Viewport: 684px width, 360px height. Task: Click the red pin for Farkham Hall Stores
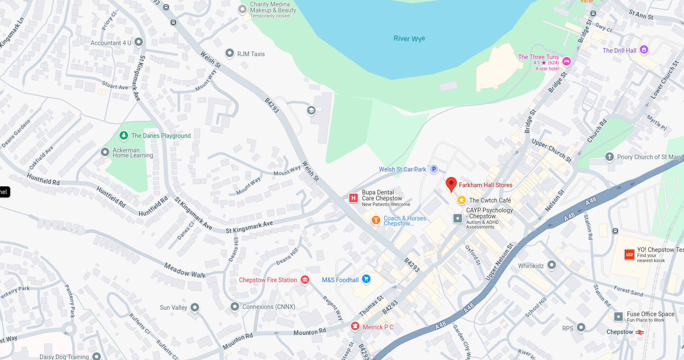pyautogui.click(x=451, y=184)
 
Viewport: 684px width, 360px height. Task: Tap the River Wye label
pyautogui.click(x=409, y=39)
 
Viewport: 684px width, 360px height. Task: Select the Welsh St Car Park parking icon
pyautogui.click(x=434, y=169)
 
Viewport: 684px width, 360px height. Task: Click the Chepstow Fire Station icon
pyautogui.click(x=305, y=280)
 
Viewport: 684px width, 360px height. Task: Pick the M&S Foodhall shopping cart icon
pyautogui.click(x=366, y=279)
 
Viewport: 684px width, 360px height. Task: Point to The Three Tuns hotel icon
pyautogui.click(x=567, y=62)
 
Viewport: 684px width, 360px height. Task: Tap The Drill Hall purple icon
pyautogui.click(x=644, y=50)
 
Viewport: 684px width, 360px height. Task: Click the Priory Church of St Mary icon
pyautogui.click(x=610, y=157)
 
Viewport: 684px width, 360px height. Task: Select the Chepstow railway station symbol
pyautogui.click(x=640, y=332)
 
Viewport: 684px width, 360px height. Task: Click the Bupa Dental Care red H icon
pyautogui.click(x=353, y=198)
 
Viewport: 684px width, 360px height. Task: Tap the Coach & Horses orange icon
pyautogui.click(x=376, y=220)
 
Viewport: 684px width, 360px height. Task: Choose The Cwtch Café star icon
pyautogui.click(x=462, y=200)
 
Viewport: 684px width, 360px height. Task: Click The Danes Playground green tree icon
pyautogui.click(x=124, y=135)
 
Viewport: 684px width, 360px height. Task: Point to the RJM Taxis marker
pyautogui.click(x=230, y=53)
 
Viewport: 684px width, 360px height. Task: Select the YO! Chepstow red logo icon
pyautogui.click(x=630, y=254)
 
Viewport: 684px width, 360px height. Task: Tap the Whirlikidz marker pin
pyautogui.click(x=552, y=265)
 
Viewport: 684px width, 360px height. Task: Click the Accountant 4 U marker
pyautogui.click(x=139, y=42)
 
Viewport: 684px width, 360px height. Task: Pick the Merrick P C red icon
pyautogui.click(x=355, y=326)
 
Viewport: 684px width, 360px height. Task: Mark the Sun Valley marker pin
pyautogui.click(x=195, y=307)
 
